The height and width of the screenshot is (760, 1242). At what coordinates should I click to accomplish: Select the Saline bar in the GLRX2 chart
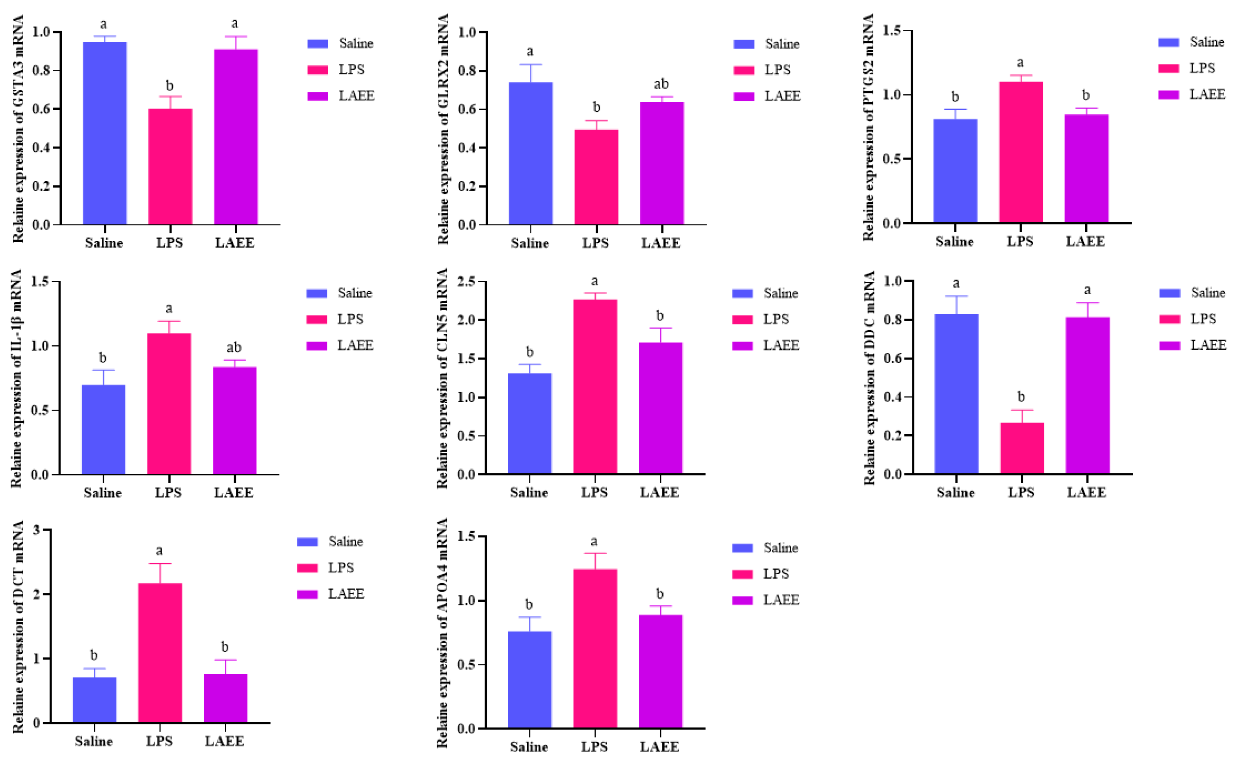point(530,153)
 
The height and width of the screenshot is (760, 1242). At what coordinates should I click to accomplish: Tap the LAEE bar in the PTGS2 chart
point(1086,168)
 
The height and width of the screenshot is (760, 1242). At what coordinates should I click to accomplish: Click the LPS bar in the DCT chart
point(160,652)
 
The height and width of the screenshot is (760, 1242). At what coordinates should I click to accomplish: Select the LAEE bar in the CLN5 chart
point(661,408)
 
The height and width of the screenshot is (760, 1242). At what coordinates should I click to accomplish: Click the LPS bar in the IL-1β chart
point(169,404)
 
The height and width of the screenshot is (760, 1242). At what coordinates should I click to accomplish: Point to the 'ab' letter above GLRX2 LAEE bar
point(661,84)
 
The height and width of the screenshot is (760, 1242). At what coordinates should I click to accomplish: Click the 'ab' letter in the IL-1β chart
point(234,348)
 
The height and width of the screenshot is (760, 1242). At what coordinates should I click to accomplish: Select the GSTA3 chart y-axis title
point(18,128)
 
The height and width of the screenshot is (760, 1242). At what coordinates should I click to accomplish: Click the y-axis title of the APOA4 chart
point(442,633)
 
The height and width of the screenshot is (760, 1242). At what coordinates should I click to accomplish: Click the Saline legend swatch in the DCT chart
point(307,542)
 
